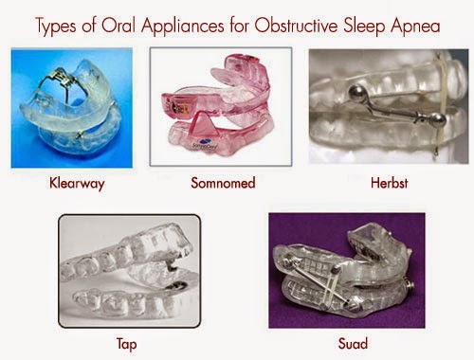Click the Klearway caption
[x=77, y=184]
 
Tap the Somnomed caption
[x=223, y=183]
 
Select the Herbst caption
[x=390, y=183]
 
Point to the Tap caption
[x=127, y=344]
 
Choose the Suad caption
[x=353, y=343]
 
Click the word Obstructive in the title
[x=297, y=26]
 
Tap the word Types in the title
[x=56, y=27]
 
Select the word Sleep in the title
[x=364, y=27]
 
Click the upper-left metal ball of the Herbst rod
[x=356, y=92]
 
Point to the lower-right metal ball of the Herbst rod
[x=438, y=121]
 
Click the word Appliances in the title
[x=183, y=27]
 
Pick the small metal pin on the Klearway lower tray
[x=79, y=135]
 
